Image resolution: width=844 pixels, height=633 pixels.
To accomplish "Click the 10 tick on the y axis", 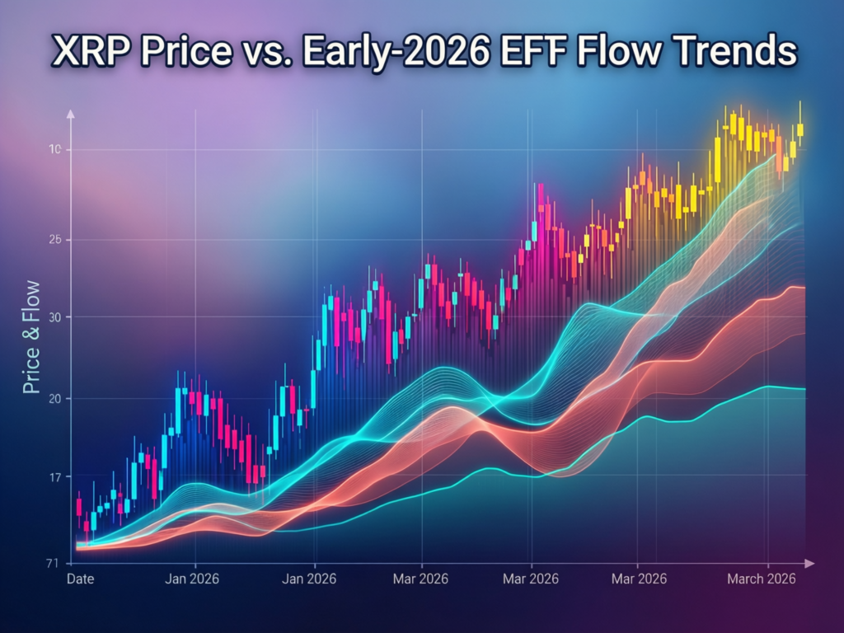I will [54, 149].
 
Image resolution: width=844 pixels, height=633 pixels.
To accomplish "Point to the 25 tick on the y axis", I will [54, 240].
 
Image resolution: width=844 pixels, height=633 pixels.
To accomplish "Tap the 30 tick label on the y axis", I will [54, 317].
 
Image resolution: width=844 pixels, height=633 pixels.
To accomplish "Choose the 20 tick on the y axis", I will [54, 398].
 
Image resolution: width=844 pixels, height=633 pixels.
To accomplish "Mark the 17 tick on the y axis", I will [54, 477].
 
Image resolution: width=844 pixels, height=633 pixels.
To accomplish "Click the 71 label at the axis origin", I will [52, 563].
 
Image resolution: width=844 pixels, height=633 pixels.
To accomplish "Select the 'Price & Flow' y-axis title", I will [31, 337].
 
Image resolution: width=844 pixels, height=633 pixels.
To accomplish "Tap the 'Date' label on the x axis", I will [80, 579].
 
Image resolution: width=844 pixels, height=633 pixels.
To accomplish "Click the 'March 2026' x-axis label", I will [761, 579].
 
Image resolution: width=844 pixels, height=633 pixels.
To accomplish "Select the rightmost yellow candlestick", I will [799, 129].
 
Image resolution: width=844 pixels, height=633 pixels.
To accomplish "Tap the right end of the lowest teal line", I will [804, 388].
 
